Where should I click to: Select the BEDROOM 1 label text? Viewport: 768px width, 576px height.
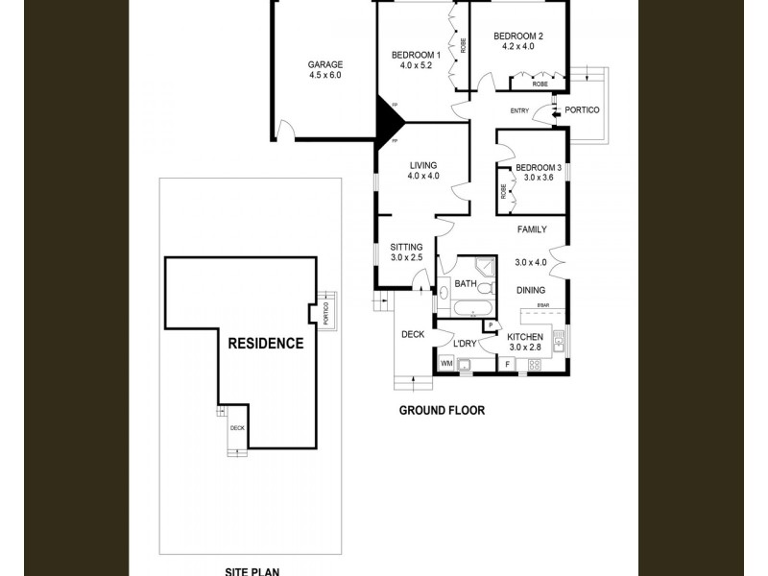416,55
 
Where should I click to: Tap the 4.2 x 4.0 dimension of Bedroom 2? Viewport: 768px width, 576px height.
517,47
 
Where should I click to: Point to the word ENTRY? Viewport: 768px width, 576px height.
519,111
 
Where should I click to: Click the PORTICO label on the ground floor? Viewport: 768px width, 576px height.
581,110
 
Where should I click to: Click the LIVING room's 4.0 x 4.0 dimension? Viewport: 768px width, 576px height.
422,177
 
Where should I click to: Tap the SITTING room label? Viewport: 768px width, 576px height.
406,246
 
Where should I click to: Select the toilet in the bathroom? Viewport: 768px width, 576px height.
485,288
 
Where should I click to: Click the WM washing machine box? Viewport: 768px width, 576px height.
445,364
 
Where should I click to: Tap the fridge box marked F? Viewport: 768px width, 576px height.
507,365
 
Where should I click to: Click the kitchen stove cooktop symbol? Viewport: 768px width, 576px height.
535,365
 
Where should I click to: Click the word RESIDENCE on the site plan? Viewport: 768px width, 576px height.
265,343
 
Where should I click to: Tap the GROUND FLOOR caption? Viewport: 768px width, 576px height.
442,411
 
